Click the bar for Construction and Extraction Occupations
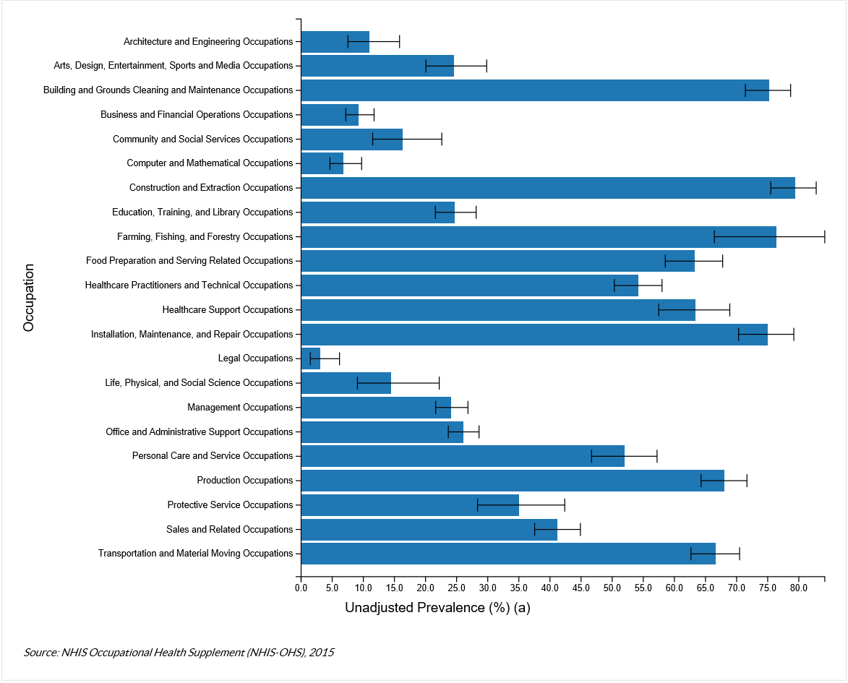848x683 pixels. click(547, 188)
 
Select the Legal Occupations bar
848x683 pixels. click(310, 358)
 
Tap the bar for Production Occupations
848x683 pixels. click(512, 481)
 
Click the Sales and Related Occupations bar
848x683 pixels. click(429, 530)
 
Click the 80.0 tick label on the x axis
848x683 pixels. click(798, 588)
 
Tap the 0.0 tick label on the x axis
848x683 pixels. click(301, 588)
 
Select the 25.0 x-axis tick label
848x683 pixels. click(456, 588)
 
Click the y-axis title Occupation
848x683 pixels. click(29, 298)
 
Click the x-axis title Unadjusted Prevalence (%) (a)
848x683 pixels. click(437, 608)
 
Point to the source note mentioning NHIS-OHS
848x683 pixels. click(179, 652)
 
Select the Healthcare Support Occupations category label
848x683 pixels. click(228, 310)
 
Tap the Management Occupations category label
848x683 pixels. click(240, 408)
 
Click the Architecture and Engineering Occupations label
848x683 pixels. click(208, 42)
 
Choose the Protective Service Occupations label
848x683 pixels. click(230, 505)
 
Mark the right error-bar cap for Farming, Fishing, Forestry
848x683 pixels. click(824, 236)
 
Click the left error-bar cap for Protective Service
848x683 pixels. click(477, 505)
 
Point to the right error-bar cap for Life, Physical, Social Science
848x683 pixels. click(439, 383)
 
